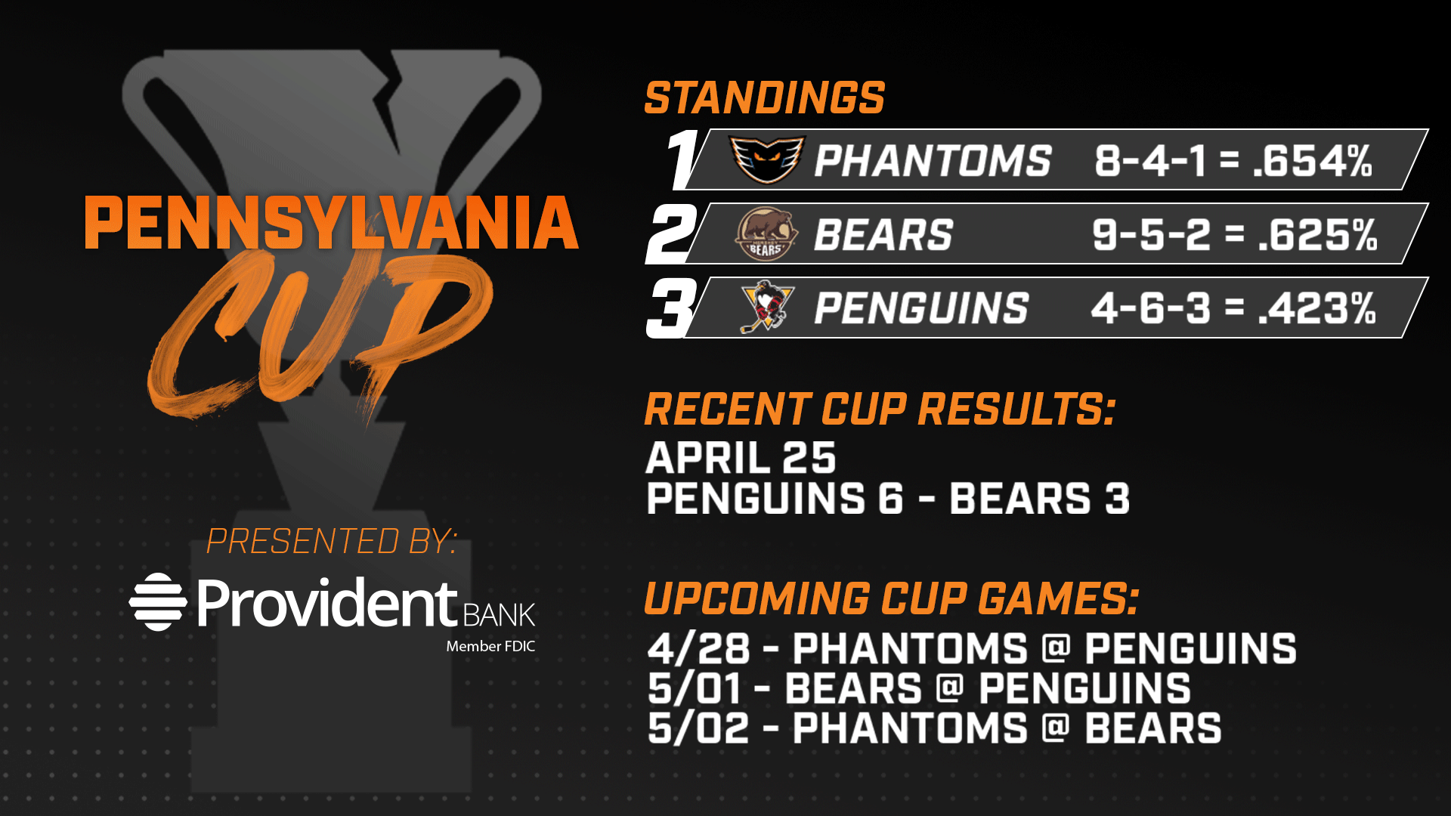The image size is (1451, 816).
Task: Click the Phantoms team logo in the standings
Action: (x=767, y=159)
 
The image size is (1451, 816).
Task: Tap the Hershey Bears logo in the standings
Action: (x=766, y=233)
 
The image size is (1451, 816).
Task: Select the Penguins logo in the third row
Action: (x=767, y=307)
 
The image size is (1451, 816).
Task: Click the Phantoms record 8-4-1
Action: (x=1149, y=161)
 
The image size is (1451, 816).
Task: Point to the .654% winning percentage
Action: (x=1312, y=161)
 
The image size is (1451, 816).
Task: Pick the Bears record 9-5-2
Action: (x=1151, y=234)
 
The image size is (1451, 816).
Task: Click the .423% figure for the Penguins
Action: (x=1317, y=308)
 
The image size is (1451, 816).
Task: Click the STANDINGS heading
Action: (x=764, y=97)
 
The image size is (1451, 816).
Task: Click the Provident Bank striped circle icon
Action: (x=157, y=602)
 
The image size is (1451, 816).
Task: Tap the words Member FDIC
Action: (x=490, y=646)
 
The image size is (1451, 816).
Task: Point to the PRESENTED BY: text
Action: (x=332, y=541)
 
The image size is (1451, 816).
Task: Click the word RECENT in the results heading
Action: (x=727, y=410)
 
